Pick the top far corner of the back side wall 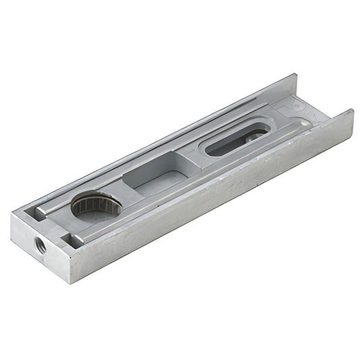[296, 75]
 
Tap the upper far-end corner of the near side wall [353, 109]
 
